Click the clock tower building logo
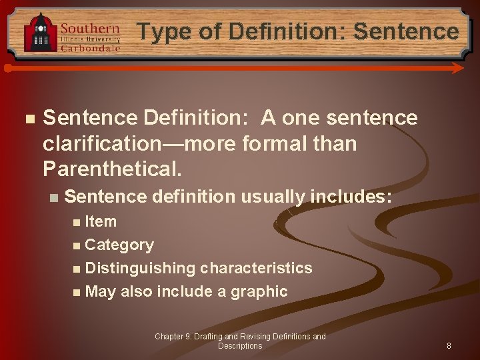41,33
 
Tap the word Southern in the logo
90,29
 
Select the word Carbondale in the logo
90,49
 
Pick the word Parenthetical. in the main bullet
112,168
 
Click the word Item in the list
101,221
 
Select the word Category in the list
119,245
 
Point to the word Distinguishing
140,268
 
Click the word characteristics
256,268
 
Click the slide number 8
449,346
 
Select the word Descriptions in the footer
240,346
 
